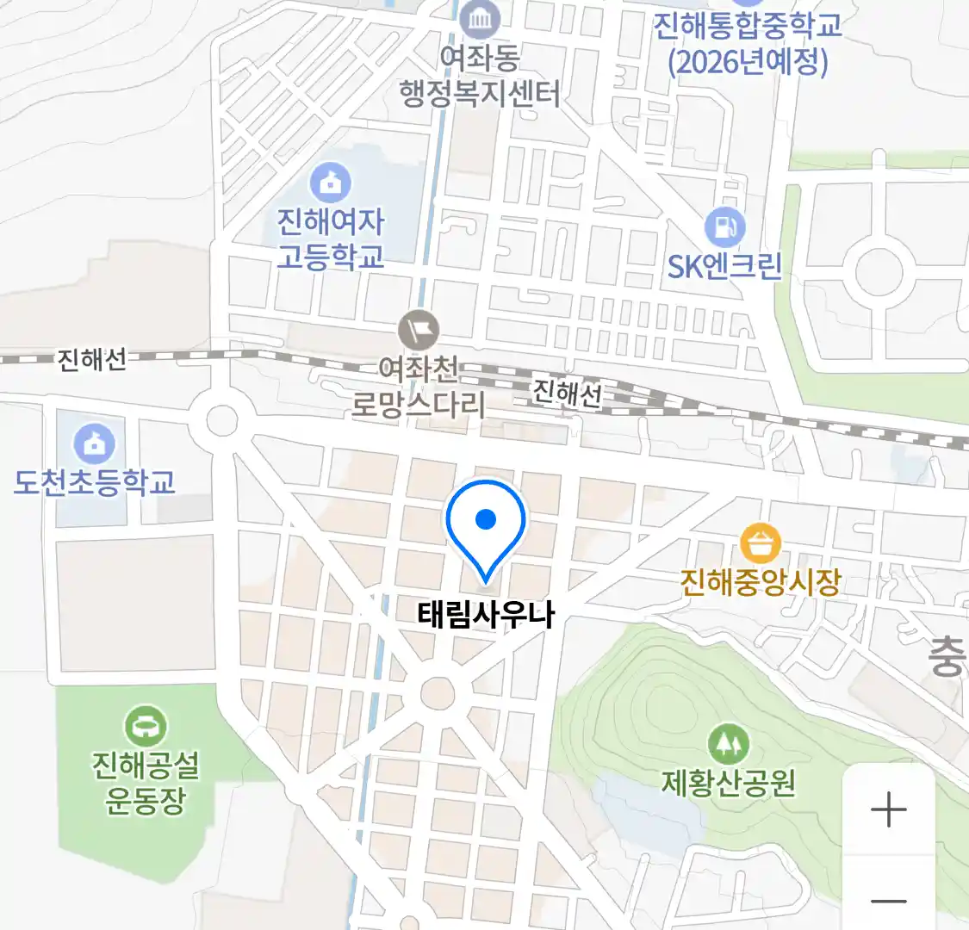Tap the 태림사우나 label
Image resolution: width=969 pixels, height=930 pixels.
click(x=486, y=615)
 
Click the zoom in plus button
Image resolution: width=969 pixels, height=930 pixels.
click(x=888, y=810)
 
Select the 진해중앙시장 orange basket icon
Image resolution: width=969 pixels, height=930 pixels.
click(x=760, y=543)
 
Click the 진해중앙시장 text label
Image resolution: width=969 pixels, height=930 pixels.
click(x=760, y=583)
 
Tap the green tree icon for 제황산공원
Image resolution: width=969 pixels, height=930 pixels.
click(x=728, y=743)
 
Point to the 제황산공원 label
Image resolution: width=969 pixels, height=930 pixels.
click(x=728, y=783)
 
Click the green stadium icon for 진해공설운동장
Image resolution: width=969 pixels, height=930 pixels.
click(x=146, y=727)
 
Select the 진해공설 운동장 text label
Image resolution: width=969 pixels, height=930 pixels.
click(x=146, y=782)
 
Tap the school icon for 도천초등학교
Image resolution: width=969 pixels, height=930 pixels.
click(x=94, y=443)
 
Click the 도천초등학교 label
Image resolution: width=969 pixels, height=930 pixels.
click(x=94, y=482)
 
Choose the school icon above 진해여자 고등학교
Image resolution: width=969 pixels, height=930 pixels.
click(x=330, y=182)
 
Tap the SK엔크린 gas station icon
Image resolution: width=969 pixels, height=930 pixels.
click(x=725, y=227)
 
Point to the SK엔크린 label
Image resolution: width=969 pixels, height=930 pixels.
click(x=725, y=266)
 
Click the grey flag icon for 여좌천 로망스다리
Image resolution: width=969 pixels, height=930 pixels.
click(x=419, y=330)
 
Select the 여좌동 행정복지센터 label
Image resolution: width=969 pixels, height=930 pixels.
click(x=479, y=76)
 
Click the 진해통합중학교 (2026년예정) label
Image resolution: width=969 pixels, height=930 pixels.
click(x=747, y=43)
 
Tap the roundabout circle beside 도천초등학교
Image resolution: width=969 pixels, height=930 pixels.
click(x=222, y=421)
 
